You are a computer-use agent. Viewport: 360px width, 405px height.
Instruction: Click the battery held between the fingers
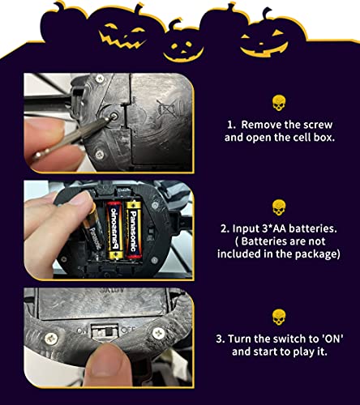click(x=92, y=230)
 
